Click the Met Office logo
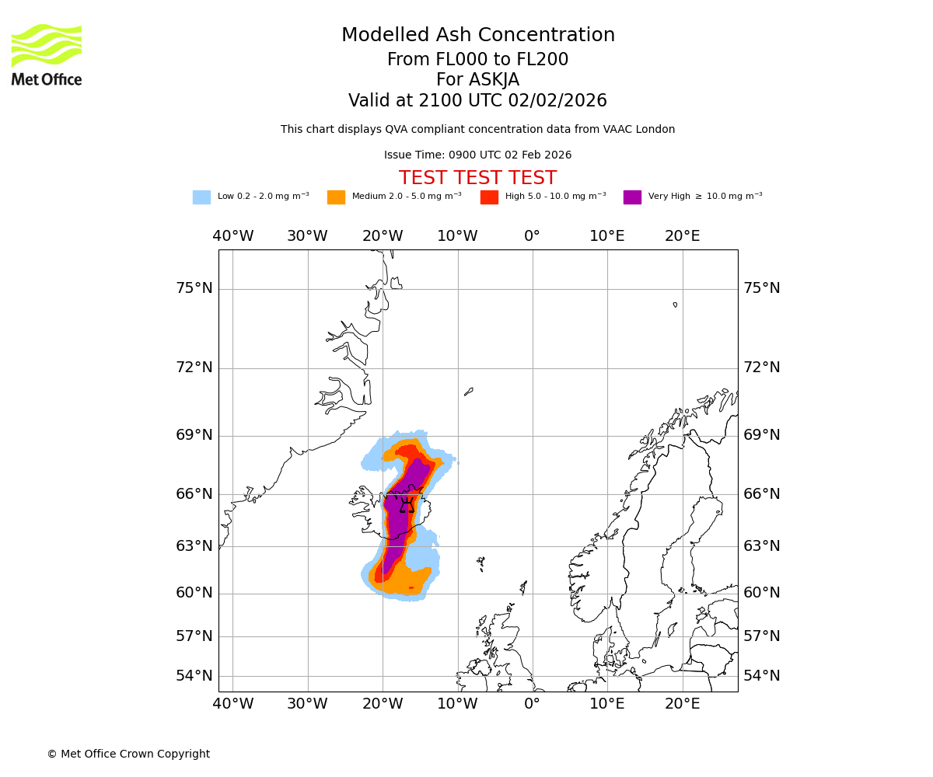[47, 54]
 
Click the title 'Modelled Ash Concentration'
[478, 36]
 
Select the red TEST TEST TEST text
[477, 179]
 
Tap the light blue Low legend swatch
[201, 197]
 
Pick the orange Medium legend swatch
[336, 197]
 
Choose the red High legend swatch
[489, 197]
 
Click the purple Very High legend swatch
[632, 197]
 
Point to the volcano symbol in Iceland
[407, 507]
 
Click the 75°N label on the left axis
[194, 288]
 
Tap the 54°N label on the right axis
[761, 676]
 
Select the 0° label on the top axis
[532, 236]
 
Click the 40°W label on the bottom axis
[233, 705]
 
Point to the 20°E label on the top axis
[682, 236]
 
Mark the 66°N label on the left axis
[194, 494]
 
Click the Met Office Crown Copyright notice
[128, 754]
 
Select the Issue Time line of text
[477, 155]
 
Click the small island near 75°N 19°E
[675, 305]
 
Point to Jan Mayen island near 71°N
[469, 392]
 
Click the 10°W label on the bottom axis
[457, 705]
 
